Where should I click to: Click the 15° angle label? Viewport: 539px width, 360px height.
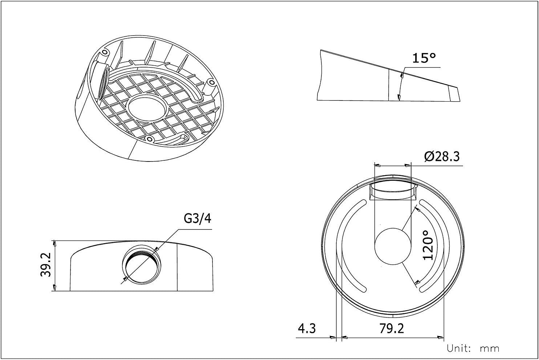click(x=424, y=58)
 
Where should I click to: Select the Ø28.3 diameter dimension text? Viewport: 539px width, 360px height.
click(x=442, y=157)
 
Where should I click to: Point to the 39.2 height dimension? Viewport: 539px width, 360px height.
click(x=46, y=266)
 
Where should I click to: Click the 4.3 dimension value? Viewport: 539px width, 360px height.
click(x=307, y=328)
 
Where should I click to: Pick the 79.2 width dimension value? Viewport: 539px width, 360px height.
click(x=392, y=328)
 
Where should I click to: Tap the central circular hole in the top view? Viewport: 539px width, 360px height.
click(x=392, y=246)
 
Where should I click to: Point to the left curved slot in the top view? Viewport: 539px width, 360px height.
click(x=350, y=245)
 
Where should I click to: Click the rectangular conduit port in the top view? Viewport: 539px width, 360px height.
click(x=392, y=192)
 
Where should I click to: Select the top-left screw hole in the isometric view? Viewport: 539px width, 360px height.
click(x=105, y=53)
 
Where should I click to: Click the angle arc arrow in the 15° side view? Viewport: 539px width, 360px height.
click(x=401, y=85)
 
